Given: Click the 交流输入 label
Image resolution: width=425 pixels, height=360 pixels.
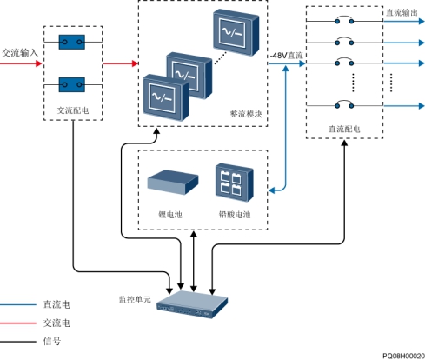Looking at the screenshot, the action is (x=20, y=53).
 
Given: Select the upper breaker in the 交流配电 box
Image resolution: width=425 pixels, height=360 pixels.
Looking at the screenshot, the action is (x=72, y=42).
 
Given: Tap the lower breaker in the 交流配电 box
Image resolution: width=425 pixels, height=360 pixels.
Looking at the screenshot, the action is (x=72, y=84).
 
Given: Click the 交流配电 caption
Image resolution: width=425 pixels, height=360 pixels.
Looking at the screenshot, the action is (x=73, y=110).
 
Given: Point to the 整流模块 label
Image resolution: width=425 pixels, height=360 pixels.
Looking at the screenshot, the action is (x=246, y=114).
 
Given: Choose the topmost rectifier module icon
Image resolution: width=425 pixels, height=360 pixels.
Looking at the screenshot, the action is (x=236, y=32).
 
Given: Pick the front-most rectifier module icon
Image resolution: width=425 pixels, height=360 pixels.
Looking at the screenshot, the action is (x=166, y=97).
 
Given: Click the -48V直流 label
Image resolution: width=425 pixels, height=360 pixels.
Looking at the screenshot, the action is (x=286, y=56).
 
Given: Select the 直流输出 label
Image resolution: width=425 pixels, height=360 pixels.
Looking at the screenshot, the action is (x=402, y=12).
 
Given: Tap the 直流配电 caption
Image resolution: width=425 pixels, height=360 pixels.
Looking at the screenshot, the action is (x=344, y=129).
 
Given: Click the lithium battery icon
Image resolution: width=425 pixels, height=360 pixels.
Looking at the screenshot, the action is (x=173, y=182).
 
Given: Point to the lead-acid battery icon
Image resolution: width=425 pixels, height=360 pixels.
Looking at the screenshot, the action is (x=235, y=183).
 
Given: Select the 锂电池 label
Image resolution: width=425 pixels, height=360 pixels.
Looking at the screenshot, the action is (x=170, y=215).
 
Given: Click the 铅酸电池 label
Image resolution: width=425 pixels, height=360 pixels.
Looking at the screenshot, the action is (x=235, y=215).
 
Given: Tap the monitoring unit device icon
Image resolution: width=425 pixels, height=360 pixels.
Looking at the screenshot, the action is (x=192, y=304).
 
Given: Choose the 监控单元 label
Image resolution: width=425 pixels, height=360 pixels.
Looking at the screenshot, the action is (x=135, y=299).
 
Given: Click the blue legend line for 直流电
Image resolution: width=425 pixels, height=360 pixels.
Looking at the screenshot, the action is (x=18, y=304).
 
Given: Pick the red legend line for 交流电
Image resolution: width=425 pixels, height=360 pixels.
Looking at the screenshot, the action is (x=18, y=323).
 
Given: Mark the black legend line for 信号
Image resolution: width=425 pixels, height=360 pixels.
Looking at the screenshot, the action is (x=18, y=342).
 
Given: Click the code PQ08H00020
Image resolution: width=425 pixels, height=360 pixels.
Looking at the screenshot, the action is (x=403, y=356).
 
